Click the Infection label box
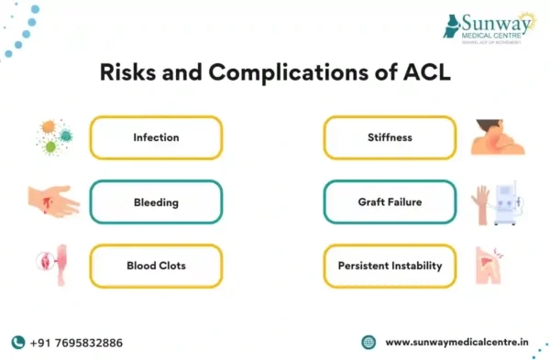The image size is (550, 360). point(155,137)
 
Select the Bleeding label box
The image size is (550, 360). point(155,202)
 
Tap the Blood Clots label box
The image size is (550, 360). point(155,266)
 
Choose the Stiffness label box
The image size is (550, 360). point(390,137)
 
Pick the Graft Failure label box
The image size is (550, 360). point(390,202)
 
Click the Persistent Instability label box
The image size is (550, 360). point(390,266)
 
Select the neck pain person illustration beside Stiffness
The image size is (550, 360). point(498,136)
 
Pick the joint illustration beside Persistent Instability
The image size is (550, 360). point(496,265)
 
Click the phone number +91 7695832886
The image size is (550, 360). point(76,342)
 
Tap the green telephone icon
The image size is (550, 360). point(17,342)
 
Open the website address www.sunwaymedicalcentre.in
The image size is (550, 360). point(456,342)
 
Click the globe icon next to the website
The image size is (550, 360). point(368,342)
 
